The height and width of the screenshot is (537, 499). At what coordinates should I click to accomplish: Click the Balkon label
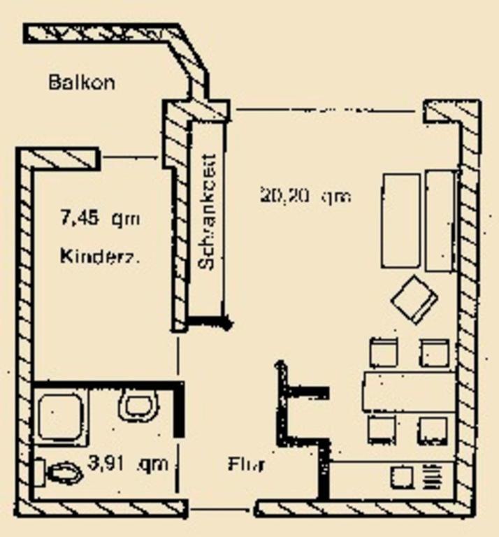[x=82, y=82]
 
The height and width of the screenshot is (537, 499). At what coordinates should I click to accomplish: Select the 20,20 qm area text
[x=305, y=196]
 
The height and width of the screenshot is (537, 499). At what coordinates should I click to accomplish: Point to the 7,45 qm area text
[x=101, y=219]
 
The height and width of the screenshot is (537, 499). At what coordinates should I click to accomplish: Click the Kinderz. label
[x=100, y=255]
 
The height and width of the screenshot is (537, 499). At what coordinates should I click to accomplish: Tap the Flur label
[x=245, y=464]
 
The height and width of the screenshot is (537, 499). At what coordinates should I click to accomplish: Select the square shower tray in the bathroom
[x=61, y=418]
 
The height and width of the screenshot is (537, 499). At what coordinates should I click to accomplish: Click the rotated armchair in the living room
[x=414, y=299]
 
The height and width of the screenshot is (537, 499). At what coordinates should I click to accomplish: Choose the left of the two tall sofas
[x=400, y=221]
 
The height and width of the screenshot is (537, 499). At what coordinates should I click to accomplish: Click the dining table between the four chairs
[x=409, y=392]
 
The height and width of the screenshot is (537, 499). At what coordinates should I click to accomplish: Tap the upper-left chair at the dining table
[x=384, y=352]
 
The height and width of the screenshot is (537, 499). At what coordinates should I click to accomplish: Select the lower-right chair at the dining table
[x=433, y=430]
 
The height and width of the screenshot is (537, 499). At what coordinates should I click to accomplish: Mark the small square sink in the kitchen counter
[x=401, y=478]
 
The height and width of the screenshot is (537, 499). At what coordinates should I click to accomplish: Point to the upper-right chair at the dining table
[x=435, y=352]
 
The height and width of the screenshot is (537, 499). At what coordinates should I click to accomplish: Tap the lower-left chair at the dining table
[x=382, y=430]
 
